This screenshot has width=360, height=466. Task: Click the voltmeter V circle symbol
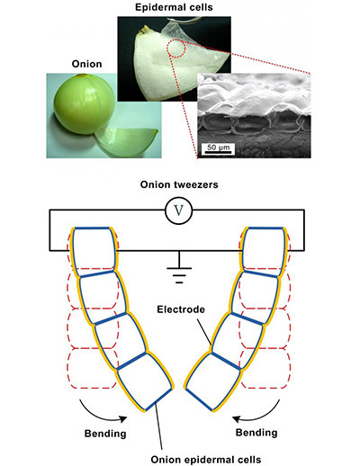178,211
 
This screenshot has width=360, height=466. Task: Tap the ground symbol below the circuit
179,272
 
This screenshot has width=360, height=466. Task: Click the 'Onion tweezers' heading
179,184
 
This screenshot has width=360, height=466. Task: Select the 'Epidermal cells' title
174,7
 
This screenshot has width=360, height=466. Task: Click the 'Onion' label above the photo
86,64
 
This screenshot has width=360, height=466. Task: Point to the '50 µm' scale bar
218,148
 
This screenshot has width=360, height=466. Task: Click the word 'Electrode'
181,309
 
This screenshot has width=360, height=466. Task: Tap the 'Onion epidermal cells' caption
206,460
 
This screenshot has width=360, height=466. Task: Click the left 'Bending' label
105,434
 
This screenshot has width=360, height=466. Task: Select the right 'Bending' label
256,433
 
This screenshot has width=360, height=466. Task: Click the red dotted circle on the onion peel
176,48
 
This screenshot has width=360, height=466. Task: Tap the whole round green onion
85,103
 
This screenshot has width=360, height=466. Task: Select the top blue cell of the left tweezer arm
94,250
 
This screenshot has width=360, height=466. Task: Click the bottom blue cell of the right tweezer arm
213,381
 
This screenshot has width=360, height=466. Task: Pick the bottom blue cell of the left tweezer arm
145,381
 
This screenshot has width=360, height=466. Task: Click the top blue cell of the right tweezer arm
264,251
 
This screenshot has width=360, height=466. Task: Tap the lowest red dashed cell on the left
93,369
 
